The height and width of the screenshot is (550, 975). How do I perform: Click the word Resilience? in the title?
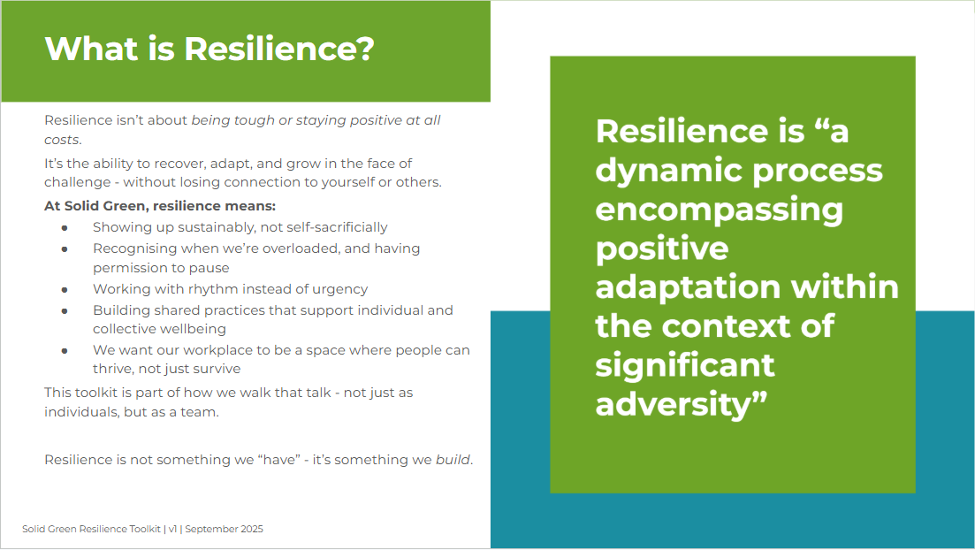(x=279, y=49)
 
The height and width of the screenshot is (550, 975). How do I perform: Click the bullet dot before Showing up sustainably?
(x=65, y=228)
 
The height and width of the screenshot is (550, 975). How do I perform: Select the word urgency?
(x=341, y=289)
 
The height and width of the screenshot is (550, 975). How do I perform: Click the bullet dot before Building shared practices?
(x=65, y=311)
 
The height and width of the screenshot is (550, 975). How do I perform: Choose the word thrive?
(x=112, y=369)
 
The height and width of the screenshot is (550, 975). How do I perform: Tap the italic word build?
(x=453, y=460)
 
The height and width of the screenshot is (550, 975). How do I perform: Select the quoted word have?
(x=278, y=460)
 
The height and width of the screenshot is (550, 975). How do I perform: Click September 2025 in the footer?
(x=224, y=529)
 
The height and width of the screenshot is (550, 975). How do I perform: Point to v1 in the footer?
(x=173, y=529)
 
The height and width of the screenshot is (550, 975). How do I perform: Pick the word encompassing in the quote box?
(x=719, y=210)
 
